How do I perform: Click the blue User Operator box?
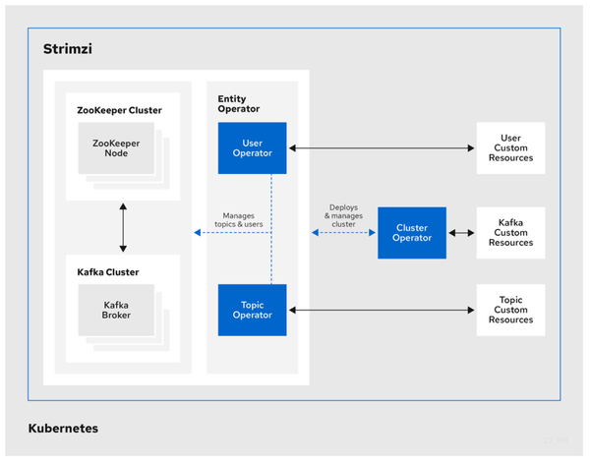252,147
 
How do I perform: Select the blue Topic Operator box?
252,310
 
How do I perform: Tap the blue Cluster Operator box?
412,233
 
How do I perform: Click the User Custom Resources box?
510,147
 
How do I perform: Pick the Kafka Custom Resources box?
510,233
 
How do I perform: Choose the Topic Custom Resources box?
510,310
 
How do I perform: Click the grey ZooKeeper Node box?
116,147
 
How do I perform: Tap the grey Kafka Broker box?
116,310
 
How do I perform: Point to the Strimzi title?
68,49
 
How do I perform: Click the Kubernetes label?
63,428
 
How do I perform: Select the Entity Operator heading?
239,104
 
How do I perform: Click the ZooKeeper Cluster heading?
119,110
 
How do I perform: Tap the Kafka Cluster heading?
108,272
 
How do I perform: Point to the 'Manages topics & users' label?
239,220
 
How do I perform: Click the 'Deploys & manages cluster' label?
343,216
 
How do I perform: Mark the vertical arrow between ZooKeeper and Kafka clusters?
123,228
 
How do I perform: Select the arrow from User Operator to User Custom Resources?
382,148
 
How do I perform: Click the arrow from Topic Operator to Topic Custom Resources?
382,310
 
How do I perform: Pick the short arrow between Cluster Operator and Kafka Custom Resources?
461,233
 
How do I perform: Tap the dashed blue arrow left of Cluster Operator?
343,233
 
